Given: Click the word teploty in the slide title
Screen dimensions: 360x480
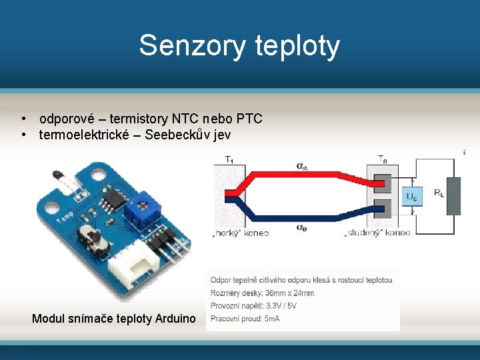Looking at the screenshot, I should point(297,46).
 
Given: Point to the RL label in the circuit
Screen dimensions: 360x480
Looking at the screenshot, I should point(439,193).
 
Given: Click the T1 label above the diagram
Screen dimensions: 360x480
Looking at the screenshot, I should point(229,159).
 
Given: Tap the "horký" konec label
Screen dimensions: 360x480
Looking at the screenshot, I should point(240,233).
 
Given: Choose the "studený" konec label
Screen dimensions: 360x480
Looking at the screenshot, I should point(377,233).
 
